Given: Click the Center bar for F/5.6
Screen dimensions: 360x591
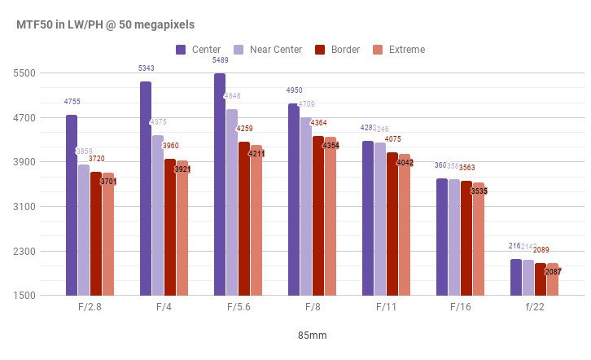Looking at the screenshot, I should pos(220,184).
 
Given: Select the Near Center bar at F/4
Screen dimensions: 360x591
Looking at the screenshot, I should pos(158,215).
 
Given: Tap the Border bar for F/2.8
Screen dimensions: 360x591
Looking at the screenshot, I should pos(96,234).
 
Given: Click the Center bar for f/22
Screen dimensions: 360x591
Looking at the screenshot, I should pos(516,277).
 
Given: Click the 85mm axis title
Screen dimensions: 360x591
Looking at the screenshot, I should pos(312,335).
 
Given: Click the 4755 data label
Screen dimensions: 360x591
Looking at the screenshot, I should pos(72,102).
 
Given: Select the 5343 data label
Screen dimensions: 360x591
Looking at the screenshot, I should pos(146,68).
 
